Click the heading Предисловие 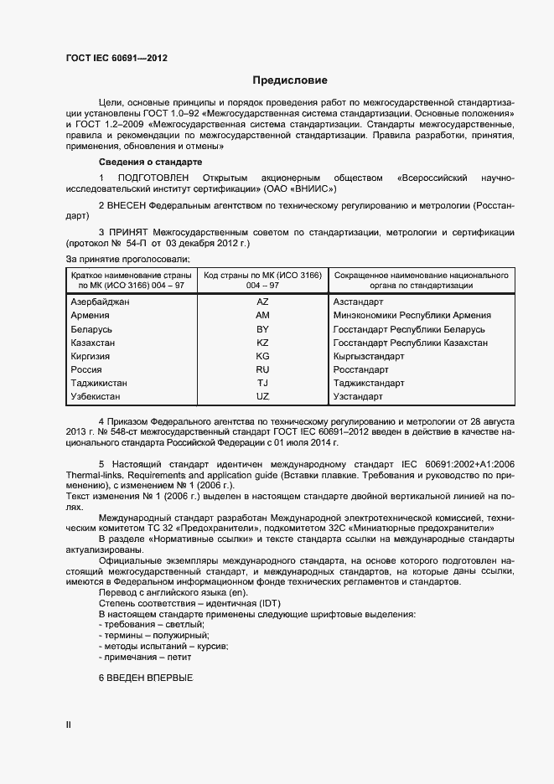point(291,81)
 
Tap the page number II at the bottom point(69,724)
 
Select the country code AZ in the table point(262,301)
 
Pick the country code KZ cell point(262,343)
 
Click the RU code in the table point(262,369)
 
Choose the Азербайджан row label point(101,301)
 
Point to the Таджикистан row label point(100,383)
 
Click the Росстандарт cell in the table point(360,369)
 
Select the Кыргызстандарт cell point(369,356)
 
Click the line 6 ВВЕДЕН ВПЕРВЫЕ point(146,677)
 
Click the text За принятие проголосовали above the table point(127,260)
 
